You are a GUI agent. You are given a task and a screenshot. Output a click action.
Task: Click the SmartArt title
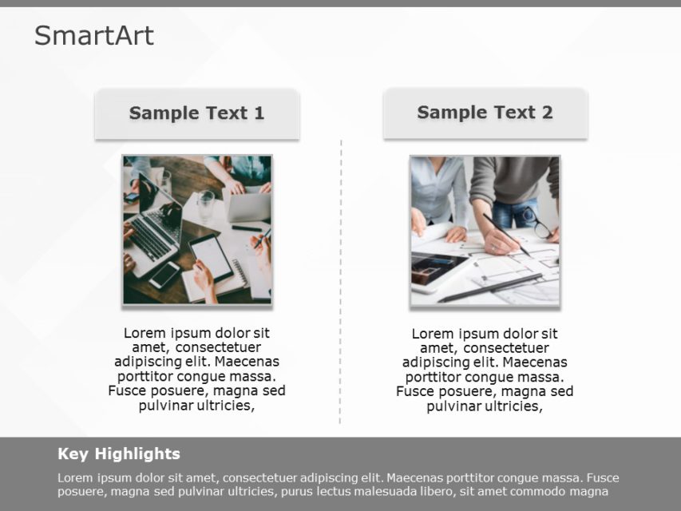94,35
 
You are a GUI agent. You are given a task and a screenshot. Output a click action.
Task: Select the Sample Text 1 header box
196,113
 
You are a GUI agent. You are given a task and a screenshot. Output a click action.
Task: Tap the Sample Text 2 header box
485,113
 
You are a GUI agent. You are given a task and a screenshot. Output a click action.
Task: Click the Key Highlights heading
119,454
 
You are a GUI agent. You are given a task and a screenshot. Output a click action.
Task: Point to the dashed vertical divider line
341,279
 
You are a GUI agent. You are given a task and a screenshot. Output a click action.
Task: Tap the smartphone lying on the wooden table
164,275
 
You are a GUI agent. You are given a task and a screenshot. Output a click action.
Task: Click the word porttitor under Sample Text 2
434,377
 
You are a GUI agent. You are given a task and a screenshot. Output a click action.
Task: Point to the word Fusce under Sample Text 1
127,391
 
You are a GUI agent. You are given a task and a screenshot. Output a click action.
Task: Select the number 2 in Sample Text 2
547,113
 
